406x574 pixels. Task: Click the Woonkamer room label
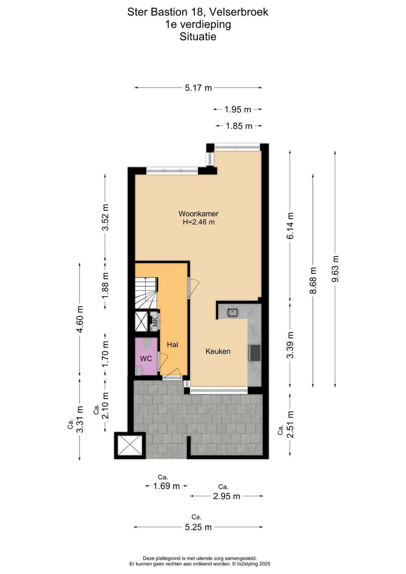pyautogui.click(x=198, y=214)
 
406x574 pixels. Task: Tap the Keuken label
pyautogui.click(x=218, y=351)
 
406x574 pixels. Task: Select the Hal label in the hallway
pyautogui.click(x=172, y=345)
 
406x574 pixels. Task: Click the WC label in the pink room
pyautogui.click(x=146, y=358)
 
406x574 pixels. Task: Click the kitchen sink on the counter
pyautogui.click(x=232, y=311)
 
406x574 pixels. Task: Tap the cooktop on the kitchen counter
pyautogui.click(x=255, y=353)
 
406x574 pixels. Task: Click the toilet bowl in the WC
pyautogui.click(x=147, y=343)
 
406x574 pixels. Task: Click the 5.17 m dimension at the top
pyautogui.click(x=198, y=88)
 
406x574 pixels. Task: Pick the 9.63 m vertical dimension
pyautogui.click(x=335, y=269)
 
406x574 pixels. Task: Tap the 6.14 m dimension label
pyautogui.click(x=290, y=226)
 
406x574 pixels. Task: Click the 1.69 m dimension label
pyautogui.click(x=166, y=486)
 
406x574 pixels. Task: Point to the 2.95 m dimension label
pyautogui.click(x=226, y=496)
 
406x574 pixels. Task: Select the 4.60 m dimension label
pyautogui.click(x=80, y=319)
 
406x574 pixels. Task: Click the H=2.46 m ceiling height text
pyautogui.click(x=198, y=222)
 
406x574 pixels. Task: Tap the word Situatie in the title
pyautogui.click(x=198, y=37)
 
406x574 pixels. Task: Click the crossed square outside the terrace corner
pyautogui.click(x=130, y=445)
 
